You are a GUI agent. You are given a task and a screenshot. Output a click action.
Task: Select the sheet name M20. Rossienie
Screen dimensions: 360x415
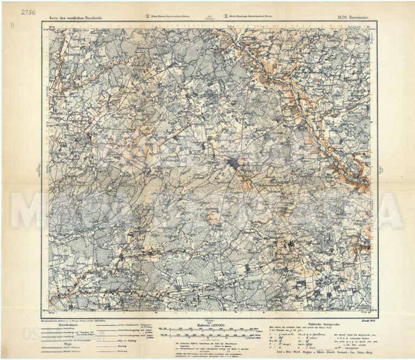pos(353,18)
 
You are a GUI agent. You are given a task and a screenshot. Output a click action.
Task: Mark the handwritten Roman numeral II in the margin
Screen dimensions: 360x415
pos(12,31)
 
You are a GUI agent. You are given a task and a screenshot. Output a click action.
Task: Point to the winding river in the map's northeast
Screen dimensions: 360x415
pos(303,97)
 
